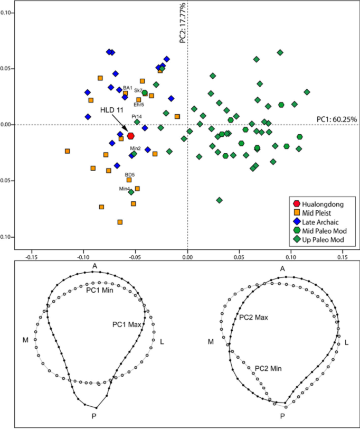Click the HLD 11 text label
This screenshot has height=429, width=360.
pos(112,110)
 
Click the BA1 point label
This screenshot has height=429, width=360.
pos(127,88)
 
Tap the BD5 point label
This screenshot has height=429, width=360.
pos(129,174)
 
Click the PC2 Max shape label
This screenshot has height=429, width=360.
pos(253,318)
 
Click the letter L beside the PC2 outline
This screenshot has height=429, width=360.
pos(346,343)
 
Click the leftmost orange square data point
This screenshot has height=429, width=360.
pos(68,151)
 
